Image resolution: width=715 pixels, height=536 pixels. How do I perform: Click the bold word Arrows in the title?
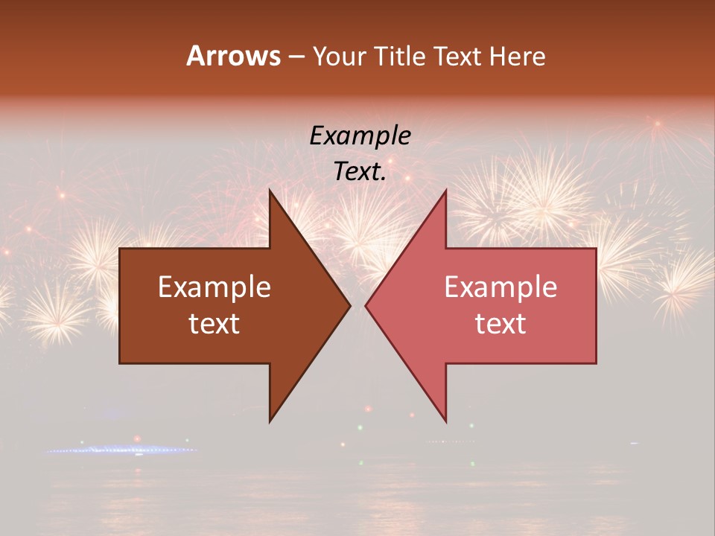click(233, 57)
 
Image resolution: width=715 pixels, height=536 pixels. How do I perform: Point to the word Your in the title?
click(340, 57)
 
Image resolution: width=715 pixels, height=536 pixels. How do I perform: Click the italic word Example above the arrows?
click(360, 135)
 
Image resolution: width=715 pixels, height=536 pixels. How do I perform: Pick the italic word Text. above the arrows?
click(360, 172)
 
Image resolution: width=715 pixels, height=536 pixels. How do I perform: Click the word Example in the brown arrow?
click(214, 287)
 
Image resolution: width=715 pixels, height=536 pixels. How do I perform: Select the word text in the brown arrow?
click(214, 323)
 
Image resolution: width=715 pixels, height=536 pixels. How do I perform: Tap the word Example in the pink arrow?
click(500, 287)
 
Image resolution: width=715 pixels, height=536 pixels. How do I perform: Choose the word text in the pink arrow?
click(500, 323)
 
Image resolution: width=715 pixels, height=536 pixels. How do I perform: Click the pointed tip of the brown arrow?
click(350, 305)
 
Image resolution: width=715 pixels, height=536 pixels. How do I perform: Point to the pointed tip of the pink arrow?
click(366, 305)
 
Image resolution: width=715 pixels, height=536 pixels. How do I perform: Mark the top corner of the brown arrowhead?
click(270, 191)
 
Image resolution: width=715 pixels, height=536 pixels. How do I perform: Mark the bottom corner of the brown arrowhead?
click(270, 421)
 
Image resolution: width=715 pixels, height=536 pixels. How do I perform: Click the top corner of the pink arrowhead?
click(445, 191)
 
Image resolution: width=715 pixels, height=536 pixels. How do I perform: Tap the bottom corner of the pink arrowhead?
click(445, 421)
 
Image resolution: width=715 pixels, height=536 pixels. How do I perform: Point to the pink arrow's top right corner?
click(596, 249)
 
